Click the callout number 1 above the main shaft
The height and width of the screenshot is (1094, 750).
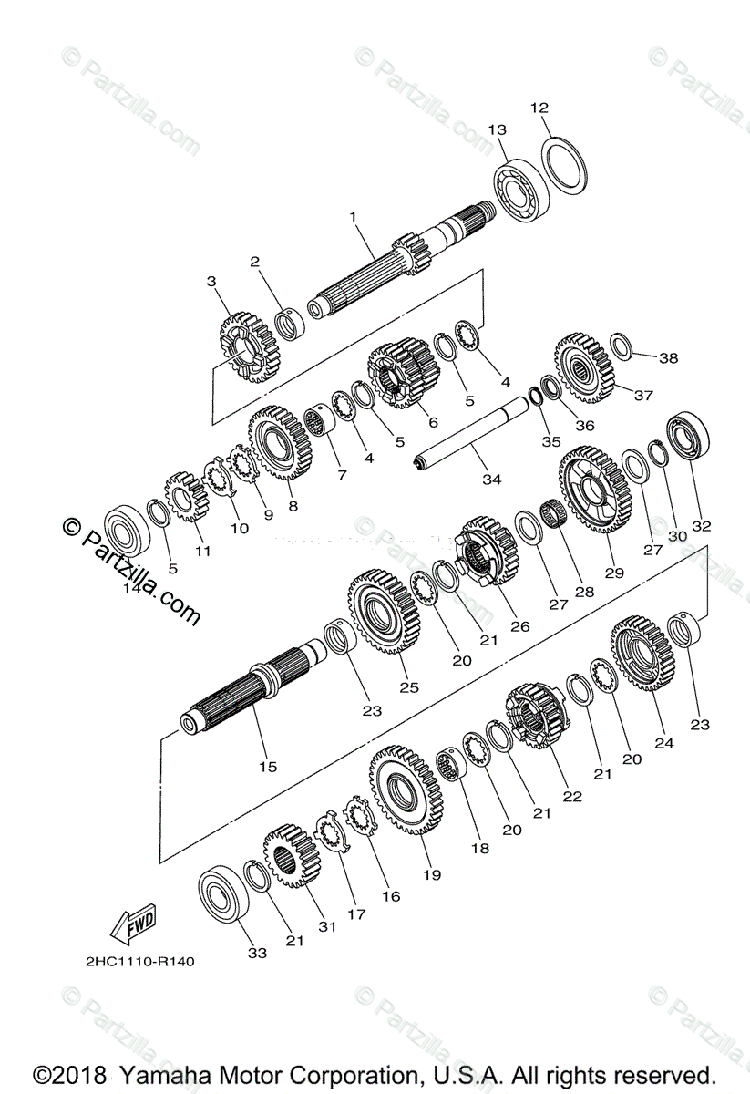tap(353, 217)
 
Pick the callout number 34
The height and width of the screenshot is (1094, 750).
tap(491, 479)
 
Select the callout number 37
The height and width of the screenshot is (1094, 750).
tap(644, 395)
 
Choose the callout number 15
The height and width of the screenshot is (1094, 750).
tap(267, 767)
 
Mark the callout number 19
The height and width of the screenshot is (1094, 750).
tap(432, 874)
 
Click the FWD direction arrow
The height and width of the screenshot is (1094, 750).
tap(133, 924)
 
